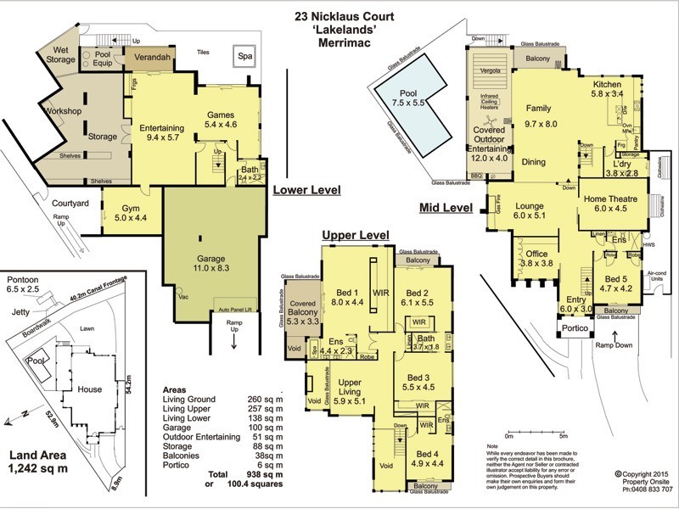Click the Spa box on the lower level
coord(245,57)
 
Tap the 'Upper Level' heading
coord(355,235)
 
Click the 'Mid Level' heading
coord(446,207)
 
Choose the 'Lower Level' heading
coord(306,191)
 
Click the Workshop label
coord(63,111)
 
